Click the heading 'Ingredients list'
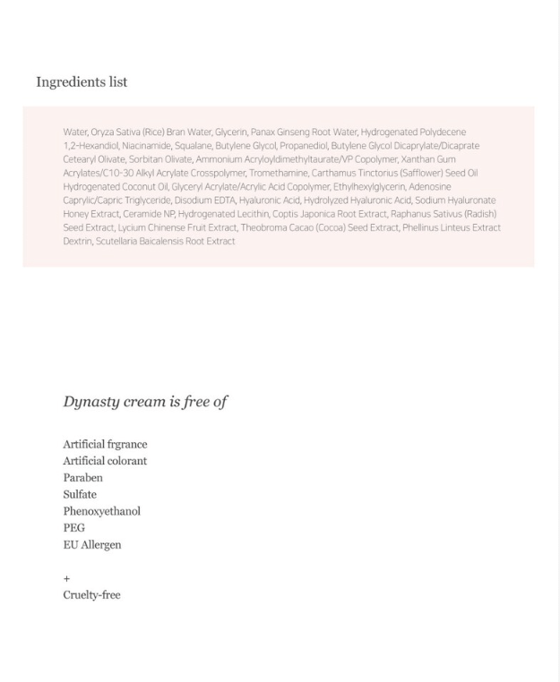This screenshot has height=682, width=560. click(x=82, y=82)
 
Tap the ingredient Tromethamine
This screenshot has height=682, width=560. click(x=278, y=173)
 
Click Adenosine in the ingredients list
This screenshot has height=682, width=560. click(x=430, y=187)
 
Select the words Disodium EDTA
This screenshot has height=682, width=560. click(x=204, y=200)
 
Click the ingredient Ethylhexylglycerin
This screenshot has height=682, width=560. click(x=369, y=187)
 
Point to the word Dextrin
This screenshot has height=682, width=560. click(x=77, y=242)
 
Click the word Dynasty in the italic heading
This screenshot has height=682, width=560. click(x=90, y=402)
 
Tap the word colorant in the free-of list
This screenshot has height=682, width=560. click(x=127, y=461)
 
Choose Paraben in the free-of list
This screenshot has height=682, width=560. click(x=82, y=478)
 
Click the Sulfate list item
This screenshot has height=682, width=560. click(x=80, y=495)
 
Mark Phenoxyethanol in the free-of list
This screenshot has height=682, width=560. click(x=101, y=511)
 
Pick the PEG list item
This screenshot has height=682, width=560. click(x=74, y=528)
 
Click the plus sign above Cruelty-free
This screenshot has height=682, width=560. click(x=66, y=579)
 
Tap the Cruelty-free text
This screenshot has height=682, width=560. click(x=91, y=595)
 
